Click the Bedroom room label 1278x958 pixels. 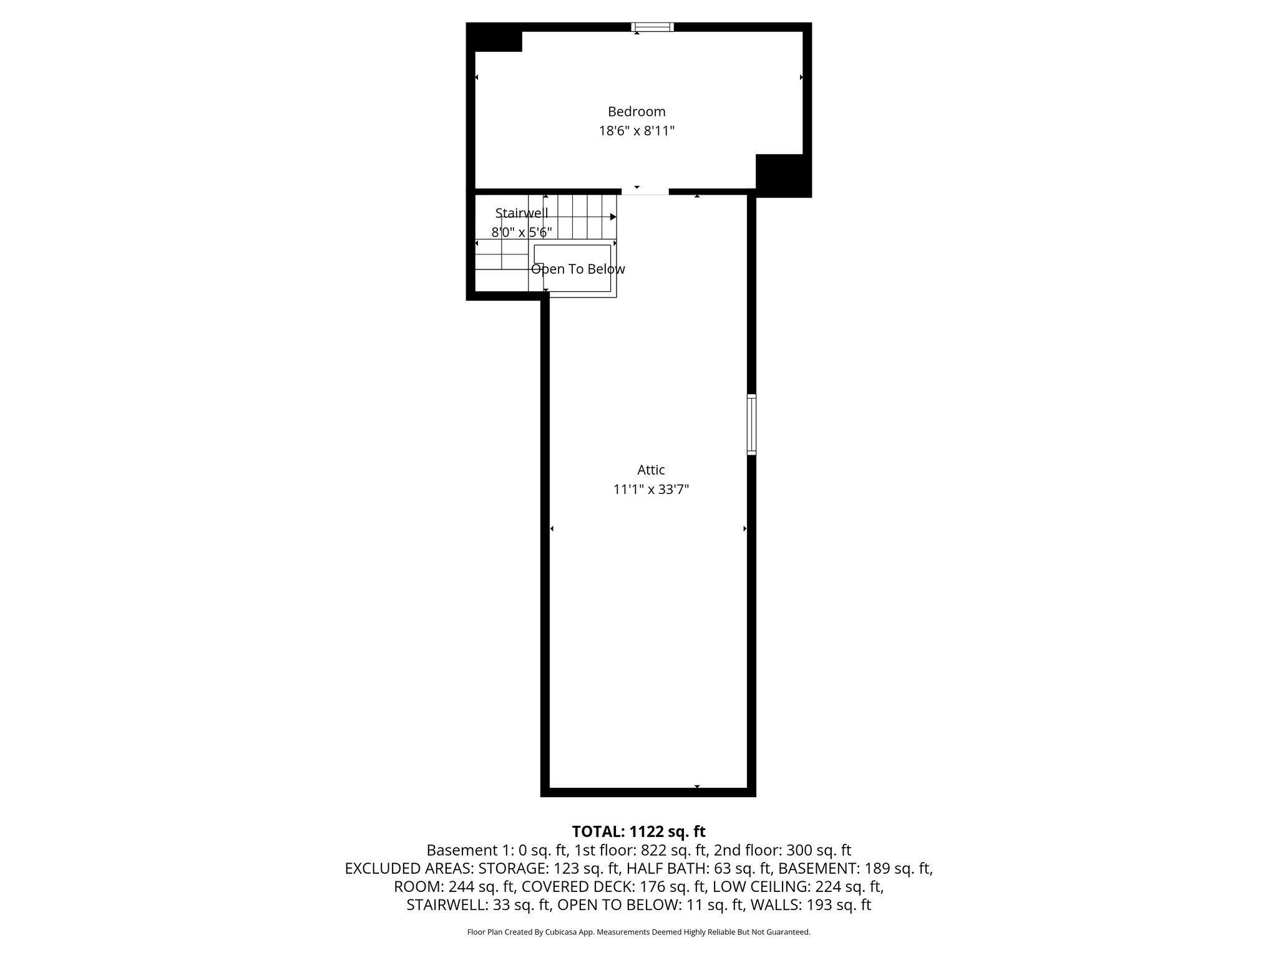coord(637,112)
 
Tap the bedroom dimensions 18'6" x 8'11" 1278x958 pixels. coord(637,131)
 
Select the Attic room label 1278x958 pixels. coord(651,470)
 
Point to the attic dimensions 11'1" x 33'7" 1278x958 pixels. coord(651,490)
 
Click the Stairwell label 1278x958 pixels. coord(522,213)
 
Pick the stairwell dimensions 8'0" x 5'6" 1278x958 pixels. coord(522,233)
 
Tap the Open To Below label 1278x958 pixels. coord(578,269)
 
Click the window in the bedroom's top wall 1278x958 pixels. coord(653,27)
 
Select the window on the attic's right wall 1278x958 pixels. coord(751,424)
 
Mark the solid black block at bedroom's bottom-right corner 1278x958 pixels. coord(783,175)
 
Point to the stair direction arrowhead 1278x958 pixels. coord(613,217)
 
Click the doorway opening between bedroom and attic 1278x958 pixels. coord(645,191)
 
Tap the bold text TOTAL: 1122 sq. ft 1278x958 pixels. coord(638,831)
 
